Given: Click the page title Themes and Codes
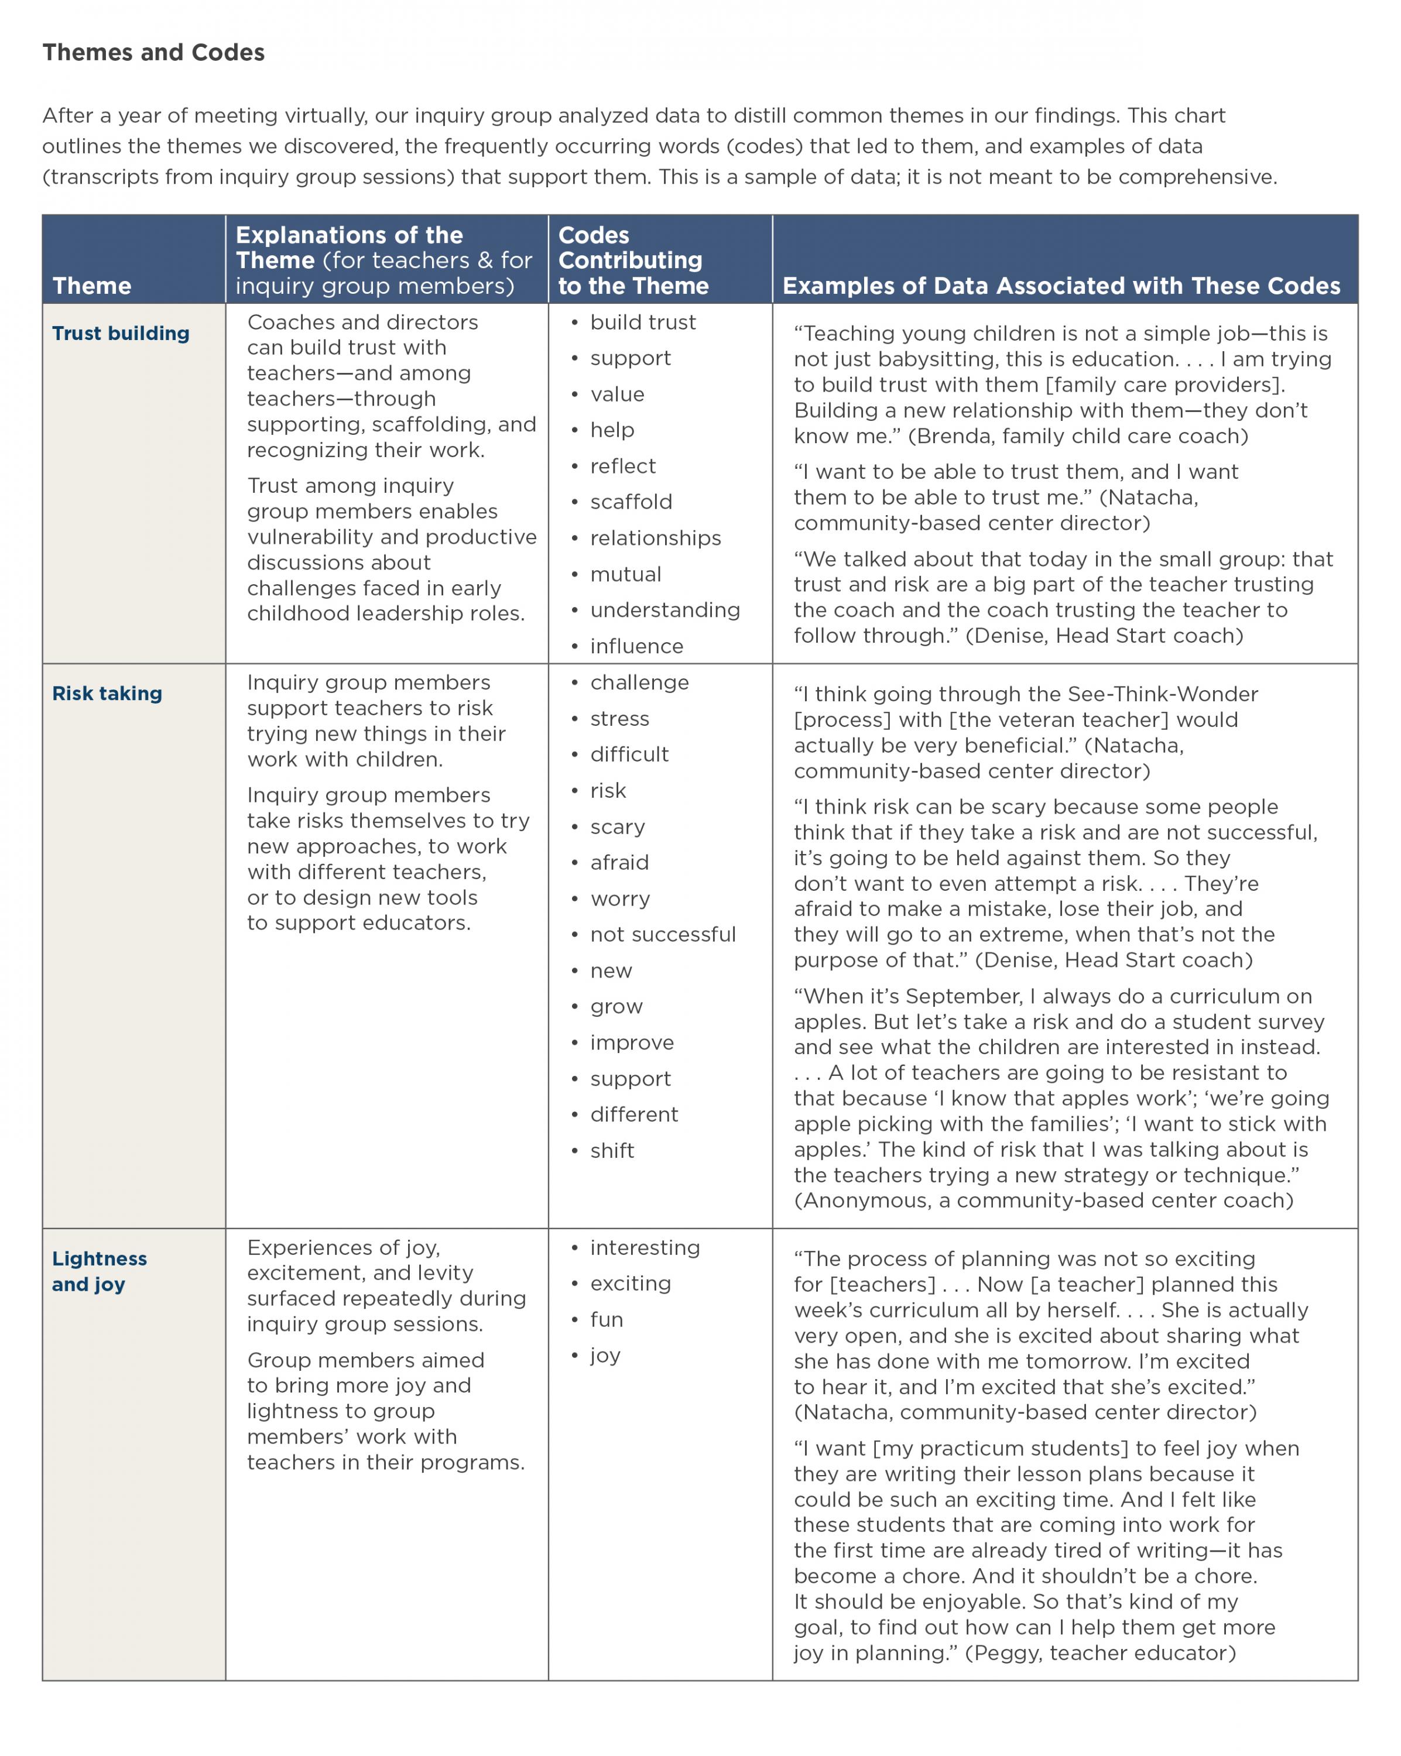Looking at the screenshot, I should pos(153,53).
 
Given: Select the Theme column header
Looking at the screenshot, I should pos(91,286).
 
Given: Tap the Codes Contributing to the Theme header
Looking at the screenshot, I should pos(633,260).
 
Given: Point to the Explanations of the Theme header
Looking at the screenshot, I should pos(383,260).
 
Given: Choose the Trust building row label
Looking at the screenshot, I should pos(121,333).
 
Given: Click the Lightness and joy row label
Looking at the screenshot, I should pos(100,1271).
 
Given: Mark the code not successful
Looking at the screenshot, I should pos(662,934).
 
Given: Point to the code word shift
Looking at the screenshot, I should pos(612,1150).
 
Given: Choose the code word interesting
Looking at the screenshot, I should pos(645,1248).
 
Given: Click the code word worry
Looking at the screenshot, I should pos(620,898).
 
